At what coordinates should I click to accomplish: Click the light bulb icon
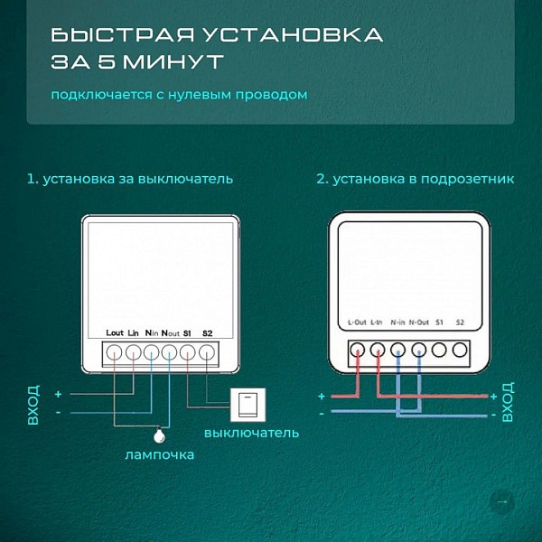tap(159, 435)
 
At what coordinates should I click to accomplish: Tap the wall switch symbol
tap(248, 405)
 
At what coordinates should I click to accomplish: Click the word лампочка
tap(160, 454)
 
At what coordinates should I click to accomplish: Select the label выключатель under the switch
tap(252, 433)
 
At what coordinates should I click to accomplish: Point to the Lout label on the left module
tap(115, 332)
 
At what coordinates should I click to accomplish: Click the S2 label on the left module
tap(208, 333)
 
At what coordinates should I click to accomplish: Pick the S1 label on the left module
tap(187, 333)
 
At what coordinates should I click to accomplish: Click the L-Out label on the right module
tap(357, 322)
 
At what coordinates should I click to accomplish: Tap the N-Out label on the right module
tap(419, 322)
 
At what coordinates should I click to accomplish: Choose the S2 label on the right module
tap(460, 322)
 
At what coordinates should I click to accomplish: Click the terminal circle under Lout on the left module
tap(114, 353)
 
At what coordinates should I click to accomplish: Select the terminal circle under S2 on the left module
tap(207, 353)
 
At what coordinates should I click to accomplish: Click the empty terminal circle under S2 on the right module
tap(460, 350)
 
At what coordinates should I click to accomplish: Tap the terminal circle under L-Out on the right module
tap(357, 350)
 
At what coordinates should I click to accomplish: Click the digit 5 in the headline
tap(106, 61)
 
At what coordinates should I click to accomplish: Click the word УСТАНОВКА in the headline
tap(293, 35)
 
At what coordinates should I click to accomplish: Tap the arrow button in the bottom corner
tap(502, 501)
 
